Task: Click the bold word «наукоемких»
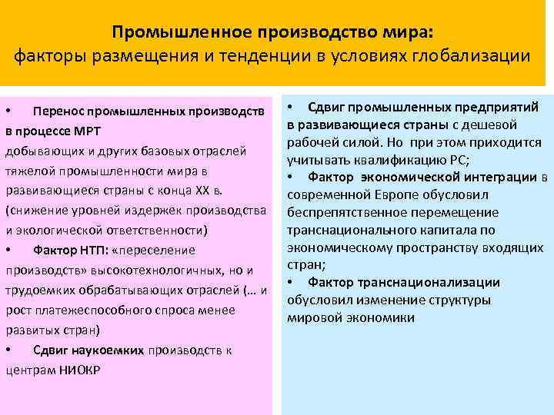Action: click(x=113, y=350)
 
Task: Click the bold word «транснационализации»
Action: click(x=442, y=283)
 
